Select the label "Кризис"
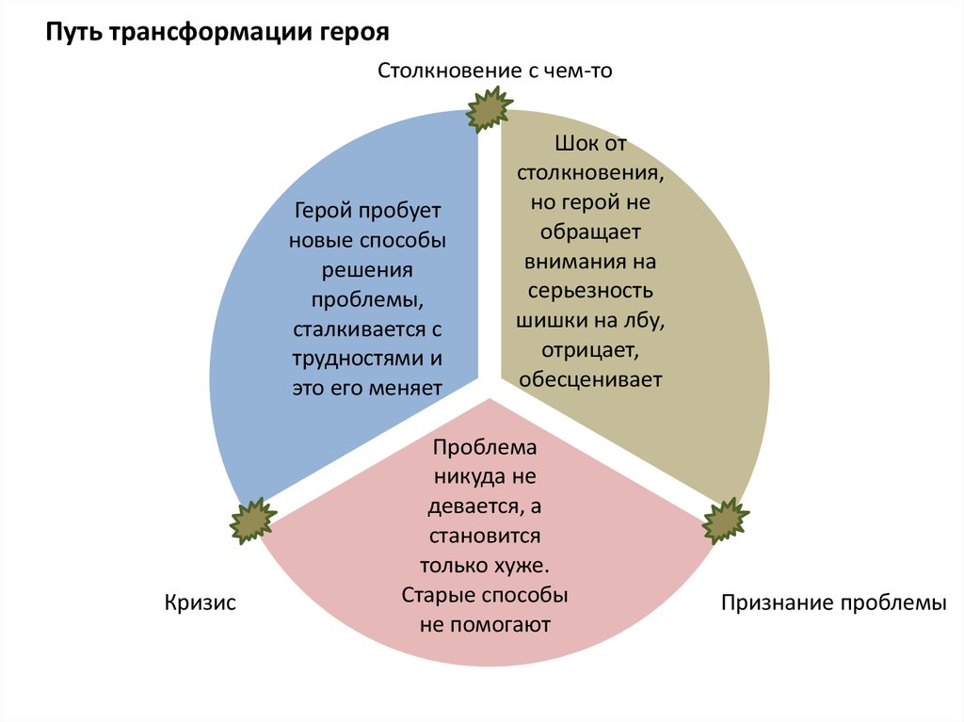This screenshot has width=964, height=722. click(x=200, y=602)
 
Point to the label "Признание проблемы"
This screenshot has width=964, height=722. click(x=833, y=602)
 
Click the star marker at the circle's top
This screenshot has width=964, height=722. click(x=490, y=109)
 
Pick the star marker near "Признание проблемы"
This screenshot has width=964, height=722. click(x=727, y=521)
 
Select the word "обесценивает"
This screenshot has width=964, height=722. click(x=590, y=379)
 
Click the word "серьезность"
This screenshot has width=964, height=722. click(x=590, y=291)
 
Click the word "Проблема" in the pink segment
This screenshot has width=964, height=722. click(x=485, y=448)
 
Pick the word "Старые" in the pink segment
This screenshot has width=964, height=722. click(x=439, y=595)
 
